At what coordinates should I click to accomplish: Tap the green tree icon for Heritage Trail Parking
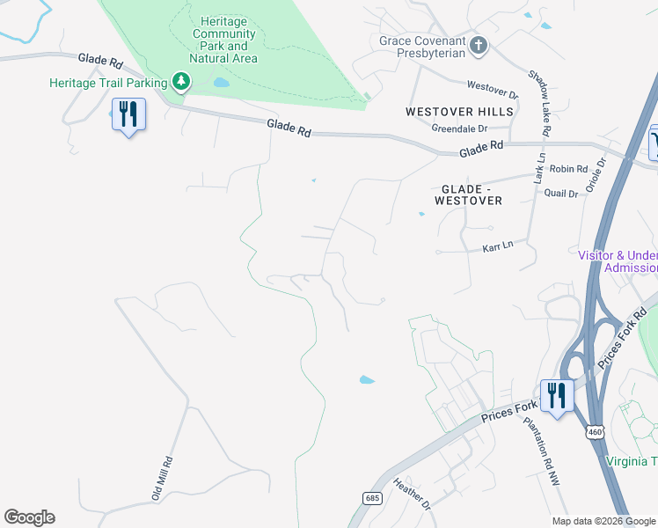pyautogui.click(x=181, y=83)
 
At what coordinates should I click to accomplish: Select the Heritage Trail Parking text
pyautogui.click(x=108, y=83)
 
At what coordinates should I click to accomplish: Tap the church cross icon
pyautogui.click(x=478, y=46)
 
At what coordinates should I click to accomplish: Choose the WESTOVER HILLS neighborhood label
pyautogui.click(x=459, y=112)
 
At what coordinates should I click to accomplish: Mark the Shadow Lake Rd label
pyautogui.click(x=538, y=103)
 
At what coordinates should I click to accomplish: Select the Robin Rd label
pyautogui.click(x=567, y=169)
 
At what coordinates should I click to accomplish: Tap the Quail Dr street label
pyautogui.click(x=561, y=193)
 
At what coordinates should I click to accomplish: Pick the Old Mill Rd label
pyautogui.click(x=162, y=478)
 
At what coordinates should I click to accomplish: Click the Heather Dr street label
pyautogui.click(x=411, y=494)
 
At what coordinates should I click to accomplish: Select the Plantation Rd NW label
pyautogui.click(x=545, y=453)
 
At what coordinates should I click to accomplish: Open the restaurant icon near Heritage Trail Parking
pyautogui.click(x=128, y=114)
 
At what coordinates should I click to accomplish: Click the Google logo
pyautogui.click(x=29, y=517)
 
